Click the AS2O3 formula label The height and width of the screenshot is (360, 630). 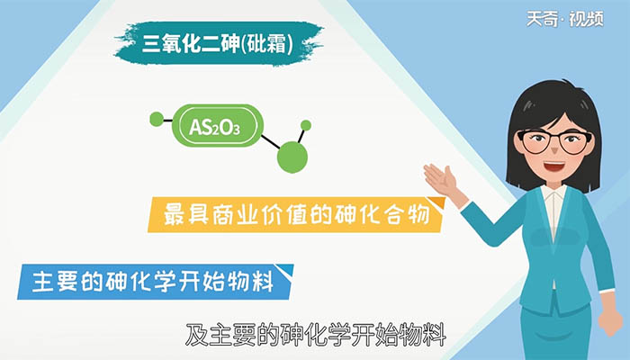tap(214, 127)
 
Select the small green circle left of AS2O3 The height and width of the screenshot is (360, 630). tap(156, 118)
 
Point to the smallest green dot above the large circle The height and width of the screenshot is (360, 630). tap(306, 125)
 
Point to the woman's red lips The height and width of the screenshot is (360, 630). tap(551, 168)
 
